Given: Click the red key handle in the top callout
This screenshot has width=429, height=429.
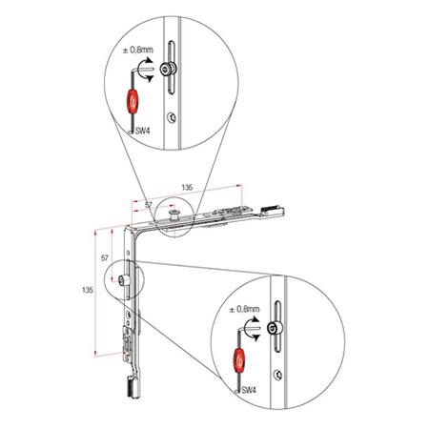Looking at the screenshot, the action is [132, 101].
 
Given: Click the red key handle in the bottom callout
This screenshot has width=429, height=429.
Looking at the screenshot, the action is [239, 360].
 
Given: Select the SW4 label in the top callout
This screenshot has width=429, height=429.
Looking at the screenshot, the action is [142, 131].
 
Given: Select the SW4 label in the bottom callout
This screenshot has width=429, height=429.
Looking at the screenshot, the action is [249, 390].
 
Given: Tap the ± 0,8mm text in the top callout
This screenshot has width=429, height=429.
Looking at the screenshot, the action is [138, 50].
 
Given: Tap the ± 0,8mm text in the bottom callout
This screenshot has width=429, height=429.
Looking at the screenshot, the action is [244, 309].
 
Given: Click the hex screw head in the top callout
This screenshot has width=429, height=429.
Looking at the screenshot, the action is [166, 69].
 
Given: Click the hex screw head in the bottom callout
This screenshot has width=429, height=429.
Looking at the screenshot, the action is [273, 328].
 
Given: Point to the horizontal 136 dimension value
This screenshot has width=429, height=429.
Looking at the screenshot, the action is [187, 188].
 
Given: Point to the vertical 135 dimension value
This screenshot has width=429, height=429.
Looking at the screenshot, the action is [88, 290].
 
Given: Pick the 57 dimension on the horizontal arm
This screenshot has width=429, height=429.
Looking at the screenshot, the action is [149, 205].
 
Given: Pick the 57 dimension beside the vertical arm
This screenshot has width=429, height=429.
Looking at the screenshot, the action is [105, 258].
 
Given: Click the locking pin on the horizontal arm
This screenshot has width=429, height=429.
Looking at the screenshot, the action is [174, 214].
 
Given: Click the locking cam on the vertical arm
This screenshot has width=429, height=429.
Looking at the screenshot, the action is [123, 280].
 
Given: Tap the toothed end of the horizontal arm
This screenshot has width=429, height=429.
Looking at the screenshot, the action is [272, 211].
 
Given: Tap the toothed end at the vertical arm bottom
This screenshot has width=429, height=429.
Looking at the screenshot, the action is [133, 387].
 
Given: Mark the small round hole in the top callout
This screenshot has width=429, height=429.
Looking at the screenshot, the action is [172, 117].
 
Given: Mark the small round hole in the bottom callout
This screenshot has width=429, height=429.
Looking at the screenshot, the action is [277, 375].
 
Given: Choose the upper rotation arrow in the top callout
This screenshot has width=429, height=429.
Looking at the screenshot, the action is [147, 62].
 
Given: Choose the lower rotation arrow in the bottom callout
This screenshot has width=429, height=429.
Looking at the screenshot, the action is [255, 337].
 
